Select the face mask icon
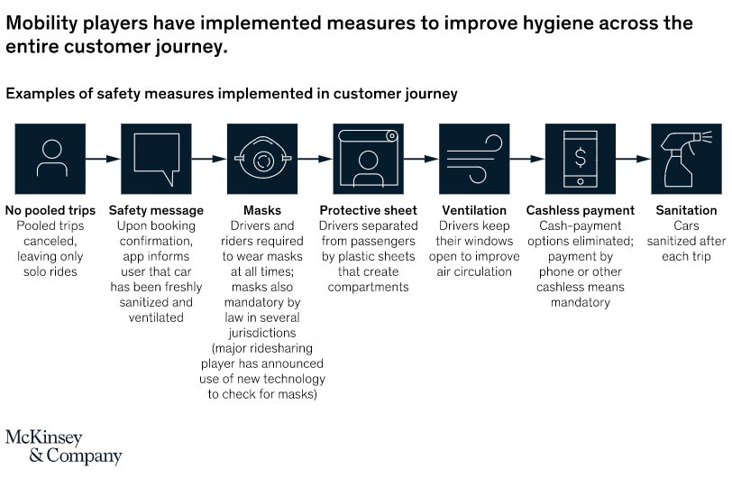tap(262, 158)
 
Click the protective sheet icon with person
tap(369, 159)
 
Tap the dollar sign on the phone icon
tap(581, 157)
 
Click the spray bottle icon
tap(686, 159)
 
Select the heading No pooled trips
tap(50, 210)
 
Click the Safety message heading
tap(156, 210)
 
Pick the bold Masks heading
tap(262, 210)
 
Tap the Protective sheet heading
tap(369, 210)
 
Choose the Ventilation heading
tap(474, 210)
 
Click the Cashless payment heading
tap(581, 210)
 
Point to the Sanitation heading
tap(686, 210)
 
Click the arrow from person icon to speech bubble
tap(103, 159)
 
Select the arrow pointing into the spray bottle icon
tap(634, 159)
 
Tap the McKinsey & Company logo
tap(64, 446)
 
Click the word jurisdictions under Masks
tap(262, 333)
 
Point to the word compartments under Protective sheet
tap(369, 287)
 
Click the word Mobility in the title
tap(41, 23)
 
